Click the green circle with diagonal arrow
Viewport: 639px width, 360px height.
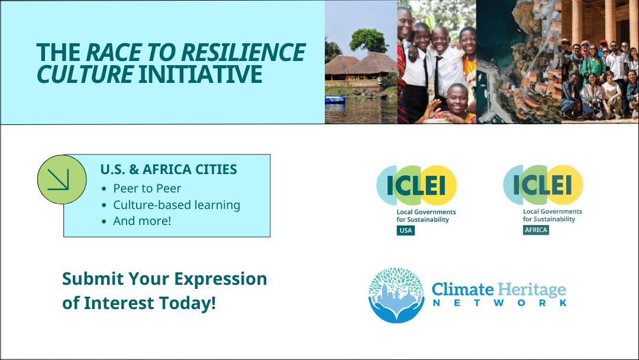pos(62,179)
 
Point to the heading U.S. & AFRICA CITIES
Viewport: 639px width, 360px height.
pos(169,169)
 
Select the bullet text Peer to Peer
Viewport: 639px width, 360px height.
pos(147,188)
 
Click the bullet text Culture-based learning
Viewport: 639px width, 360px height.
pos(176,205)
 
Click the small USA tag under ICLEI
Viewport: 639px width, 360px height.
pos(405,230)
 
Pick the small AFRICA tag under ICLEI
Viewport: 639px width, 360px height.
pos(535,230)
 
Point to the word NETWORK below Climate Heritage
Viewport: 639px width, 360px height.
pos(499,303)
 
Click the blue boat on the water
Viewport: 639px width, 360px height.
pos(334,99)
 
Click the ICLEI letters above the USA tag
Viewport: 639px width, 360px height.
pos(417,185)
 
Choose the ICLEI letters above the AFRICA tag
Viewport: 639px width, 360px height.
pos(543,185)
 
